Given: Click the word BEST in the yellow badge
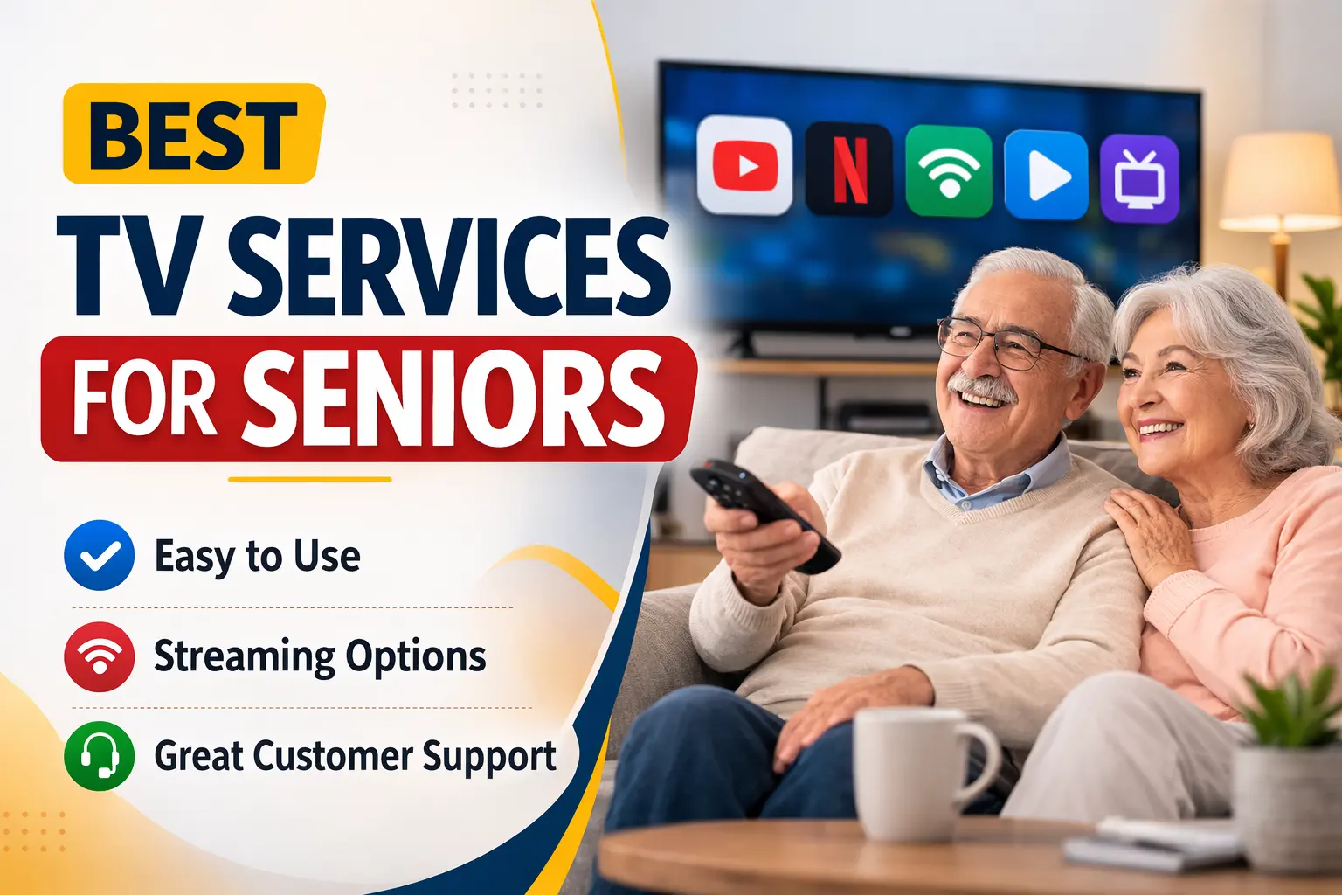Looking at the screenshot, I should [193, 135].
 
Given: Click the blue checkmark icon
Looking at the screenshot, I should [100, 555].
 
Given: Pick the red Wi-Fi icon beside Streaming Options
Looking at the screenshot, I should [100, 656].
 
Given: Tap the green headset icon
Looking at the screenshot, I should [100, 756].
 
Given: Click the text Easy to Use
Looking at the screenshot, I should [257, 556].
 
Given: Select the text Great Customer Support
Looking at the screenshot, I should [355, 756].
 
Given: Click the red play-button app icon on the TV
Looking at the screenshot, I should [744, 165].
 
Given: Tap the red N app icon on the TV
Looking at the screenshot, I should [848, 169].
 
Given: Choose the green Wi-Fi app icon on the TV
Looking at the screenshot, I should [949, 170].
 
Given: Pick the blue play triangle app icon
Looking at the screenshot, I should [1047, 174].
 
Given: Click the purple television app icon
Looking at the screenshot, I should [1139, 178].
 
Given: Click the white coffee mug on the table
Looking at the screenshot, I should [917, 774].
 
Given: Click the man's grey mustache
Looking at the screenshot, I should [983, 387].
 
